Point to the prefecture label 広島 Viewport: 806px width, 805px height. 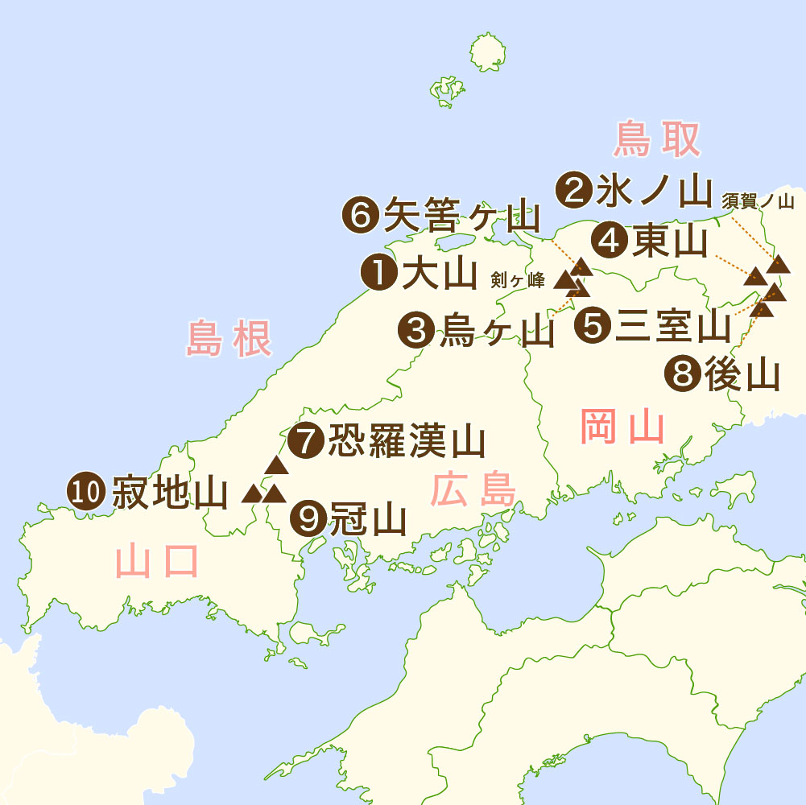473,490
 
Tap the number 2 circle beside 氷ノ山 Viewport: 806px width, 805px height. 577,190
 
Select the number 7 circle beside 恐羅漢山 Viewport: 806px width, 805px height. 306,440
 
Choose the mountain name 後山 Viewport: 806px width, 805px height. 741,374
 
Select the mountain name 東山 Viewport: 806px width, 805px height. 669,241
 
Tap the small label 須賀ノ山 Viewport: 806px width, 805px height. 758,200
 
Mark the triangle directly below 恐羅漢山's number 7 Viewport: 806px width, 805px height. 276,464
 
